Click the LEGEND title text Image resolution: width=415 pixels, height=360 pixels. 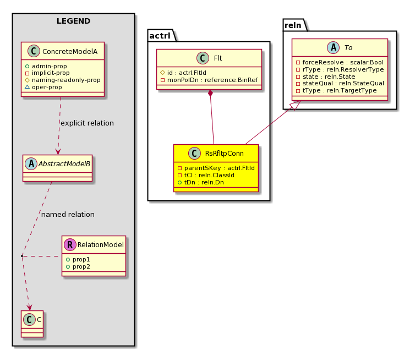click(73, 21)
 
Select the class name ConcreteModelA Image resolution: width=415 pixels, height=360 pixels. click(70, 51)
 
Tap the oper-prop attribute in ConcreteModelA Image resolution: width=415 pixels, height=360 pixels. click(47, 87)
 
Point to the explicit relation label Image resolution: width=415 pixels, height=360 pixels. click(87, 123)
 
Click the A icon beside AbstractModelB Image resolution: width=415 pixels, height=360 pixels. click(31, 164)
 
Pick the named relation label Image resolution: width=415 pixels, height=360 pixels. click(68, 215)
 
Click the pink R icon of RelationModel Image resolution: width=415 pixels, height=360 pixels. click(70, 245)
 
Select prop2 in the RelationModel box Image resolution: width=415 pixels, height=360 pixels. click(81, 266)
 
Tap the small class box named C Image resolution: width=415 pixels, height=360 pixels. click(32, 324)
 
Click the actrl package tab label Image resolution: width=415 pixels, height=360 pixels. click(160, 35)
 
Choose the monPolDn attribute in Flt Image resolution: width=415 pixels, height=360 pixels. click(212, 80)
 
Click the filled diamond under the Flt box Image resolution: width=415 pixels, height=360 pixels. click(210, 93)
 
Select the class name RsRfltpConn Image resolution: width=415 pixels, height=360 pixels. click(224, 154)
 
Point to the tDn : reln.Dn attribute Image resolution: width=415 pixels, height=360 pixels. click(204, 182)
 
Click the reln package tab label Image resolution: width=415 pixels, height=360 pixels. click(293, 25)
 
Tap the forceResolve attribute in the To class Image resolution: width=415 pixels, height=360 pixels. click(343, 62)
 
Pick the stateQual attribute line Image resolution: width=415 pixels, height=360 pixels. click(343, 83)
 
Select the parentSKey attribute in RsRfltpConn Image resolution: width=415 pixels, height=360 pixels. click(220, 168)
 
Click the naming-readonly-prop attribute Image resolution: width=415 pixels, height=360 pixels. click(66, 80)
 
